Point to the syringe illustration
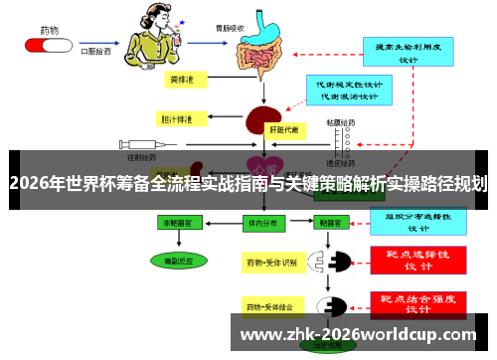(x=147, y=146)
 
